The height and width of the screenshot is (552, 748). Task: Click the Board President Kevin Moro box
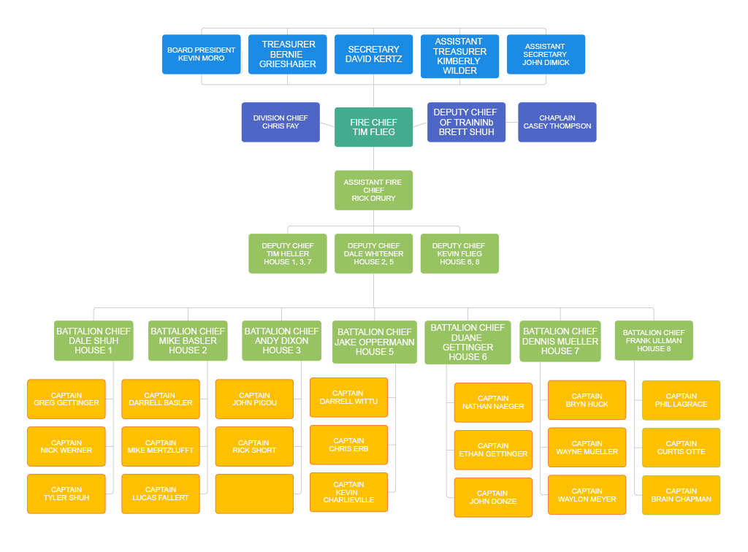click(201, 54)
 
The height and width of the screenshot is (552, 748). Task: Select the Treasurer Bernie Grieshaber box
click(287, 54)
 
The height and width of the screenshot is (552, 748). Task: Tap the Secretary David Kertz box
click(373, 54)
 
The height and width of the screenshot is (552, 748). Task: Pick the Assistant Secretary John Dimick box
click(546, 54)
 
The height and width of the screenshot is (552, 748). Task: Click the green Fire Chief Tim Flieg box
click(373, 127)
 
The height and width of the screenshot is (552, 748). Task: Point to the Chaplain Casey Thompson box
click(557, 122)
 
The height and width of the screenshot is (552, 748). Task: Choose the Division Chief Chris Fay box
click(280, 122)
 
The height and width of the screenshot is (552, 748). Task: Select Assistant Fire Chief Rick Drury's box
click(373, 190)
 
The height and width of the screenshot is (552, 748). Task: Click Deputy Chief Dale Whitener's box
click(373, 253)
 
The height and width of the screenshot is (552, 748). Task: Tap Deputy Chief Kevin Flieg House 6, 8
click(459, 253)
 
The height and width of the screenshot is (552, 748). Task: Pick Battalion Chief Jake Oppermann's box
click(375, 342)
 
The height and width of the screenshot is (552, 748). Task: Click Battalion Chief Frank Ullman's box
click(654, 340)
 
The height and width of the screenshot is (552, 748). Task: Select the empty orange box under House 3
click(254, 494)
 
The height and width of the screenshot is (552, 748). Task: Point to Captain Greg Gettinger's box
click(66, 399)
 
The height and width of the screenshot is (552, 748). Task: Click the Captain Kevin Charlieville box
click(348, 492)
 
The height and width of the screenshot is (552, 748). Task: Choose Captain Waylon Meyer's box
click(587, 495)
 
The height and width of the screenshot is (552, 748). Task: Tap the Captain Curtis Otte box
click(681, 448)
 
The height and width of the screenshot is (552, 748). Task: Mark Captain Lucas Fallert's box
click(160, 494)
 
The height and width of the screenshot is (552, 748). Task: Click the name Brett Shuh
click(466, 132)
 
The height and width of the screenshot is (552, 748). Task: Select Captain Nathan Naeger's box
click(493, 402)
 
